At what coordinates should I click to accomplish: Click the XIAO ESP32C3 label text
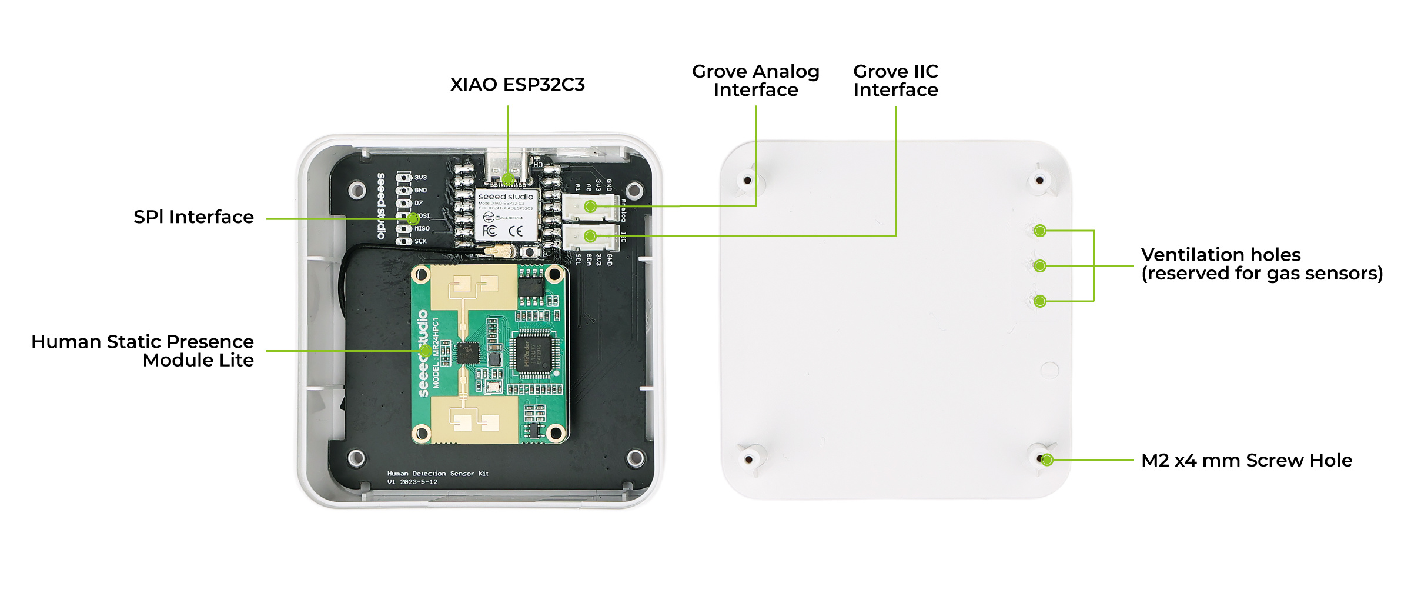(x=517, y=85)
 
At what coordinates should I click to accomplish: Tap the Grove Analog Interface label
(x=755, y=81)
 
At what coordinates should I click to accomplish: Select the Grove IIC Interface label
(x=895, y=81)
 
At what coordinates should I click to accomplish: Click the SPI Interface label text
(x=193, y=217)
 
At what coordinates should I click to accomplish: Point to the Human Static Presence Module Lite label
(x=142, y=351)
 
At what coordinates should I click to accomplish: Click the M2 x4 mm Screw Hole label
(x=1246, y=460)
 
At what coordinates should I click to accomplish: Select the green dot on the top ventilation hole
(x=1040, y=231)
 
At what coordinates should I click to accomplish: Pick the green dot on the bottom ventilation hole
(x=1040, y=301)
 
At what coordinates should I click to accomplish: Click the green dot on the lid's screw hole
(x=1046, y=460)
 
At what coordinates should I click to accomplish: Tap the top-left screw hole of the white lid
(x=748, y=180)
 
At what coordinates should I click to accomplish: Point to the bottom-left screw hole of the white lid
(x=749, y=459)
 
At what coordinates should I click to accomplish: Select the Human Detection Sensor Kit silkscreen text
(x=437, y=474)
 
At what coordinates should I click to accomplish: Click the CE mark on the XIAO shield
(x=516, y=231)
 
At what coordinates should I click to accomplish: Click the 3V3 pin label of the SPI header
(x=420, y=178)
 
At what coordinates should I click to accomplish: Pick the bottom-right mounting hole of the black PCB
(x=635, y=458)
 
